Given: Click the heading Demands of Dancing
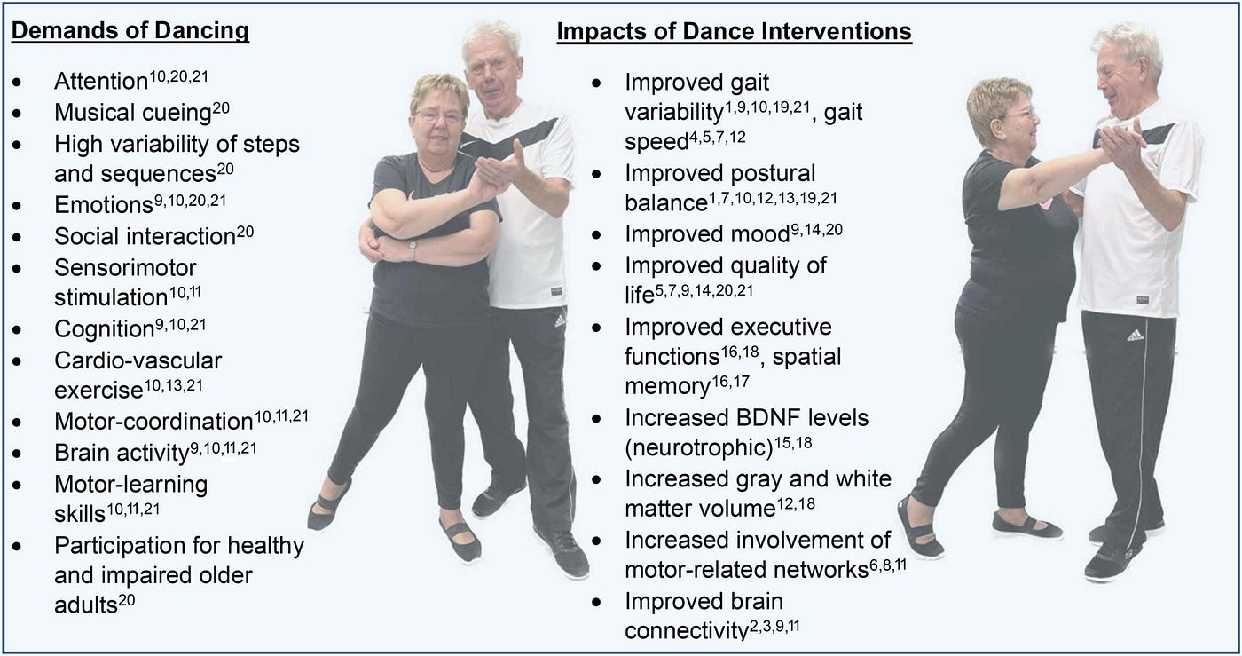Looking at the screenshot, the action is click(x=130, y=30).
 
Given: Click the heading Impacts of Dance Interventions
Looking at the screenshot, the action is click(x=735, y=31).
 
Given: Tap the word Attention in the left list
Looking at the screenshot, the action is click(x=101, y=82).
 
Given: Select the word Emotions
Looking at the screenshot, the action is click(x=104, y=205).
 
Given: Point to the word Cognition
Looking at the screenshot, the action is click(x=105, y=329).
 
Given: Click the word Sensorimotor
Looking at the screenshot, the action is click(x=125, y=268).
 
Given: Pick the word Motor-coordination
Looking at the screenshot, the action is click(x=153, y=422).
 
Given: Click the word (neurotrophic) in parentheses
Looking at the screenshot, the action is click(x=699, y=448).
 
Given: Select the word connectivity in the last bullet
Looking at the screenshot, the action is click(x=687, y=631).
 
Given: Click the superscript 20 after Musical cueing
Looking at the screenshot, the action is click(x=221, y=107).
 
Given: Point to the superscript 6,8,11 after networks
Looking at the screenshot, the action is click(x=888, y=565).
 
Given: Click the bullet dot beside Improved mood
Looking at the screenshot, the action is click(x=596, y=234).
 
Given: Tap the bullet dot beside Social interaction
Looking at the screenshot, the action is click(x=17, y=238).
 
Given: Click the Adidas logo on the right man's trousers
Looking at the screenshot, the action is click(x=1135, y=336).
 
